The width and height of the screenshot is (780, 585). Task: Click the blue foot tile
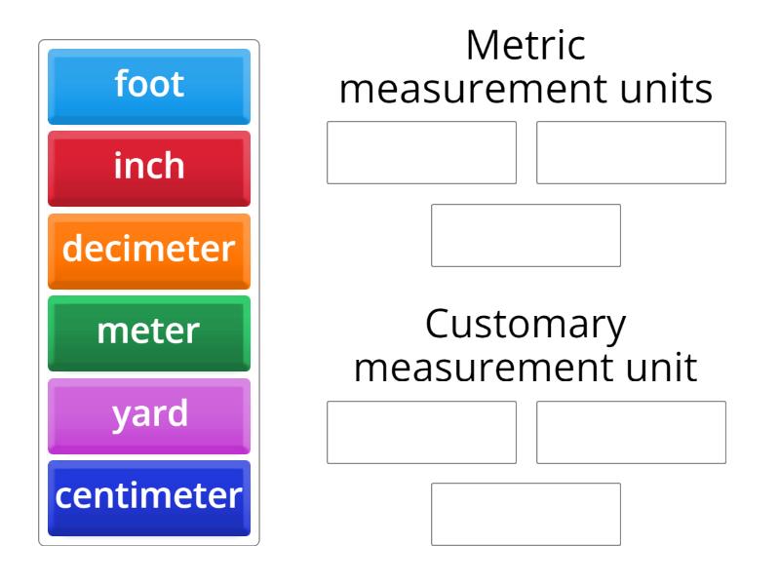149,85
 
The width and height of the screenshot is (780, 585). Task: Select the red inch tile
149,167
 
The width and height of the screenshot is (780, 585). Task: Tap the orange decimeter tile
149,249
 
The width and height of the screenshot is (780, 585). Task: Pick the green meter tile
149,331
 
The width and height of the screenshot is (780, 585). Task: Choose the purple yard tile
149,413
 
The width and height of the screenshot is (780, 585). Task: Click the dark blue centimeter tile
149,496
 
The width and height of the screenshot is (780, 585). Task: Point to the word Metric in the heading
526,47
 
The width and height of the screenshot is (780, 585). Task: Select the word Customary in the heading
526,326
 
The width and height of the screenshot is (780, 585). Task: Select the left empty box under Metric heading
421,152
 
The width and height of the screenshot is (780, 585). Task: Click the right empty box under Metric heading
631,152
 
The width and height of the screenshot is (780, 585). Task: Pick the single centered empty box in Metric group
526,235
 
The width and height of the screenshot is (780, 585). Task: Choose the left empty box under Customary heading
421,431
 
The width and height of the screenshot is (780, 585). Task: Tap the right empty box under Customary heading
631,431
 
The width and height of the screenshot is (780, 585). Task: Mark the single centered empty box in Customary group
526,514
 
